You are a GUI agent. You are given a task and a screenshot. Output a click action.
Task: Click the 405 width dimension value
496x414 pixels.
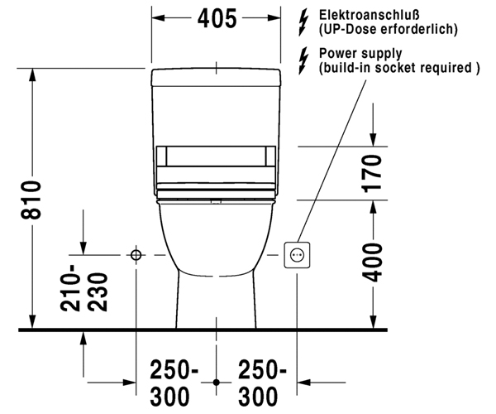217,18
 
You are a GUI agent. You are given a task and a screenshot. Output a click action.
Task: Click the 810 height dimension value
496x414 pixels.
31,200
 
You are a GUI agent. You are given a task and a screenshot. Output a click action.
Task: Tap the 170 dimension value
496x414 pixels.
372,174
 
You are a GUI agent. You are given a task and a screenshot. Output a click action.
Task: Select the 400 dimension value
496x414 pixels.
372,262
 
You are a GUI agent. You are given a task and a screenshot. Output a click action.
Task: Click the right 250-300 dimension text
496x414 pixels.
261,383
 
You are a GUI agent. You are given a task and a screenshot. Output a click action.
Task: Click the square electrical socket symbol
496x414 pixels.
297,255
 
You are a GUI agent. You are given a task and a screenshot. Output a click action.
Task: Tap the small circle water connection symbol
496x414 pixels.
136,255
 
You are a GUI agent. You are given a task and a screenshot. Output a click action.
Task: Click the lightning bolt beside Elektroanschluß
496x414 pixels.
303,22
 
